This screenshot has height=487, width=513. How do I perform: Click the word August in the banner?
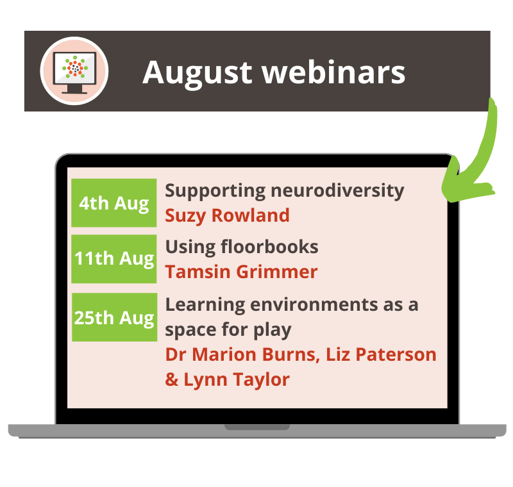pyautogui.click(x=197, y=72)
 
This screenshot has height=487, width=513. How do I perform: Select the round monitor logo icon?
pyautogui.click(x=74, y=70)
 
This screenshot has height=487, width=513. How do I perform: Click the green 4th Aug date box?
pyautogui.click(x=114, y=203)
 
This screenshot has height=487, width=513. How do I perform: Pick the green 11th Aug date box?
pyautogui.click(x=114, y=259)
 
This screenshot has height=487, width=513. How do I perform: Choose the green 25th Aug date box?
pyautogui.click(x=114, y=317)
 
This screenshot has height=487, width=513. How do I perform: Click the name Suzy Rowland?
pyautogui.click(x=227, y=215)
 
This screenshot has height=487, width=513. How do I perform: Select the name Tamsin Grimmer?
pyautogui.click(x=241, y=272)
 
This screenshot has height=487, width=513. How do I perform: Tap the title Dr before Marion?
pyautogui.click(x=176, y=355)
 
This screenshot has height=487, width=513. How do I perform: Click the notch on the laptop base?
pyautogui.click(x=256, y=427)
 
